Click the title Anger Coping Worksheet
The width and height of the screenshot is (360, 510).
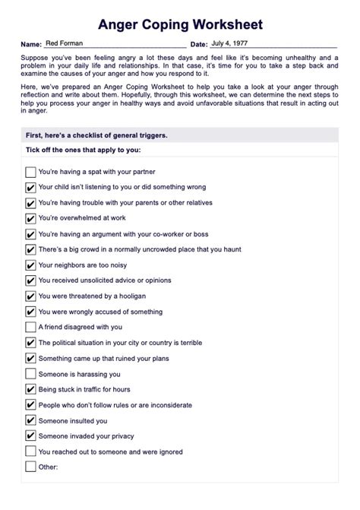[x=179, y=25]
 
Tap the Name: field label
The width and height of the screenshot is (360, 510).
[x=31, y=46]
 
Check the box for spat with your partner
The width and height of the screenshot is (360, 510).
[x=30, y=172]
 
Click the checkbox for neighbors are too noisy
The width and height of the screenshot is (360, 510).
[x=30, y=265]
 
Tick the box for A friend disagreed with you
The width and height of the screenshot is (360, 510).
[x=30, y=327]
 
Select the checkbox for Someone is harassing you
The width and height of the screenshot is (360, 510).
[x=30, y=374]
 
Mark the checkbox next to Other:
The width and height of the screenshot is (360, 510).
[x=30, y=467]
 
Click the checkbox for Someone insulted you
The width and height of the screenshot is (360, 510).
[x=30, y=420]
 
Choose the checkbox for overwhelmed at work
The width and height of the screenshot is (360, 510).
[x=30, y=218]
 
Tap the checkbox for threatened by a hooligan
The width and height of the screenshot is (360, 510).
[x=30, y=296]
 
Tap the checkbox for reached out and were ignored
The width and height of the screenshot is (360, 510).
[x=30, y=451]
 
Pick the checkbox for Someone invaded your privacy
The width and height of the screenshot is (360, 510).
[x=30, y=436]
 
